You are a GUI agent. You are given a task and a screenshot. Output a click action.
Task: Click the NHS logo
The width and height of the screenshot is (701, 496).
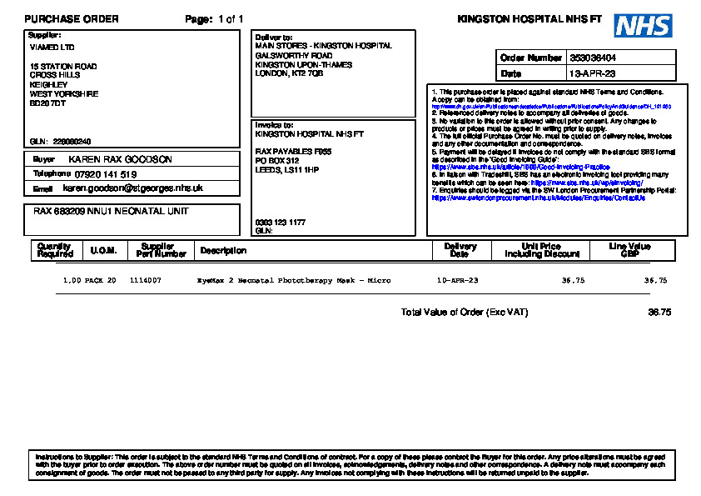click(643, 26)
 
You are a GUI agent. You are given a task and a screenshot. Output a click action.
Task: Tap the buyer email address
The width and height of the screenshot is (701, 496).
click(132, 188)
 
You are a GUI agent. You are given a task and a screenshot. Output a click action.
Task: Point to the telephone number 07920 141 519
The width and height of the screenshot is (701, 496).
click(105, 174)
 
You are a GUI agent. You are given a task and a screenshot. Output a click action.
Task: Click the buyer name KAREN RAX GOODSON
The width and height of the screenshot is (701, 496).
click(120, 159)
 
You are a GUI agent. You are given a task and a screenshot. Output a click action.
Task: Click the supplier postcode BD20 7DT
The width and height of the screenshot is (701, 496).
click(47, 104)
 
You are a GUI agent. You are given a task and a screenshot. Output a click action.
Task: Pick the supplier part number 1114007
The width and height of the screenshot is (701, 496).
click(146, 281)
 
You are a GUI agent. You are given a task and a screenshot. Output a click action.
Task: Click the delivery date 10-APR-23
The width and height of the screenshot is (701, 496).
click(458, 281)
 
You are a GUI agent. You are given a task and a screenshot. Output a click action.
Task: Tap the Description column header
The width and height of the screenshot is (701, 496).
click(223, 250)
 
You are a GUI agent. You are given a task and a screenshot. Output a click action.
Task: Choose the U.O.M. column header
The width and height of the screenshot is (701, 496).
click(104, 250)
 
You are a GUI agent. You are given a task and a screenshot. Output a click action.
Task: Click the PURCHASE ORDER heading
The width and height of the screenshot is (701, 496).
click(72, 19)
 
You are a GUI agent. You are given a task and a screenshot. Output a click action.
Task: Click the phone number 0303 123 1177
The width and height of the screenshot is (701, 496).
click(280, 223)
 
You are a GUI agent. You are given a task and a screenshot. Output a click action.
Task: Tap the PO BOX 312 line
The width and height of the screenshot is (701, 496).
click(276, 161)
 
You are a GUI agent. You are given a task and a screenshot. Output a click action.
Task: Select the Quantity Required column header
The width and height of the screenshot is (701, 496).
click(55, 250)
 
